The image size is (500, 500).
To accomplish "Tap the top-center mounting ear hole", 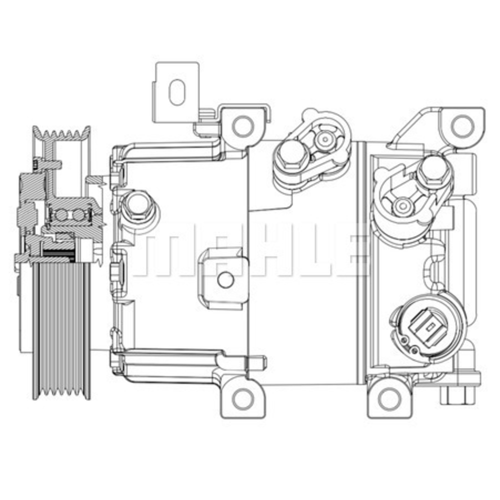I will [x=243, y=125].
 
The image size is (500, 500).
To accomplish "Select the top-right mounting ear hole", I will [x=461, y=125].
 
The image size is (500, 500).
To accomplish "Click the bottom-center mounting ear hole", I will [x=243, y=398].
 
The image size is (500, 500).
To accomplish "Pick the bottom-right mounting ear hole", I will [x=389, y=398].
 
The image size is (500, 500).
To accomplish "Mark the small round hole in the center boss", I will [x=225, y=279].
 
